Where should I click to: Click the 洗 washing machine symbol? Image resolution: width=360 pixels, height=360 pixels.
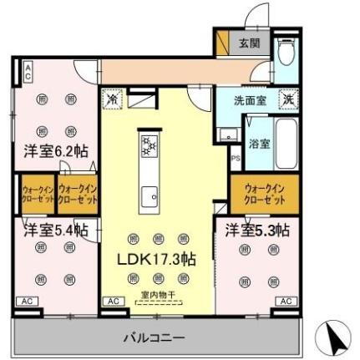point(286,99)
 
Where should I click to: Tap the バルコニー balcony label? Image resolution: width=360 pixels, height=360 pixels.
point(155,339)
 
